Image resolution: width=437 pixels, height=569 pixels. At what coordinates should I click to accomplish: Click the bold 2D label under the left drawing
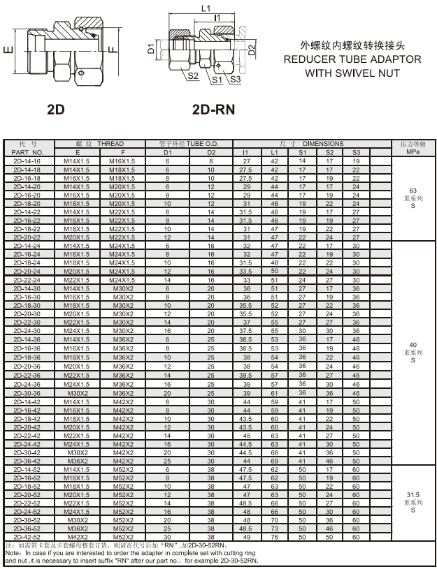(55, 110)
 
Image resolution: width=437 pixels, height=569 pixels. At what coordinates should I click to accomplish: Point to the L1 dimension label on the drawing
(206, 9)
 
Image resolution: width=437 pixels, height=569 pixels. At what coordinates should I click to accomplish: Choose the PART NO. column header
(27, 152)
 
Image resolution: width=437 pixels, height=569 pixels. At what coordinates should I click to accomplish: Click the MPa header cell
(414, 152)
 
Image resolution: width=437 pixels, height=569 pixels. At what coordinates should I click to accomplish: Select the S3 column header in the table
(356, 152)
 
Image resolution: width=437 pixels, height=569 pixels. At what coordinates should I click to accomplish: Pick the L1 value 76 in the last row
(275, 537)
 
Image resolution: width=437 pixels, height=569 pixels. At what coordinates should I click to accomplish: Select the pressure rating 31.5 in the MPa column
(413, 494)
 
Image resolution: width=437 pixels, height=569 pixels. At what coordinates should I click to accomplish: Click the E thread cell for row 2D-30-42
(77, 452)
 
